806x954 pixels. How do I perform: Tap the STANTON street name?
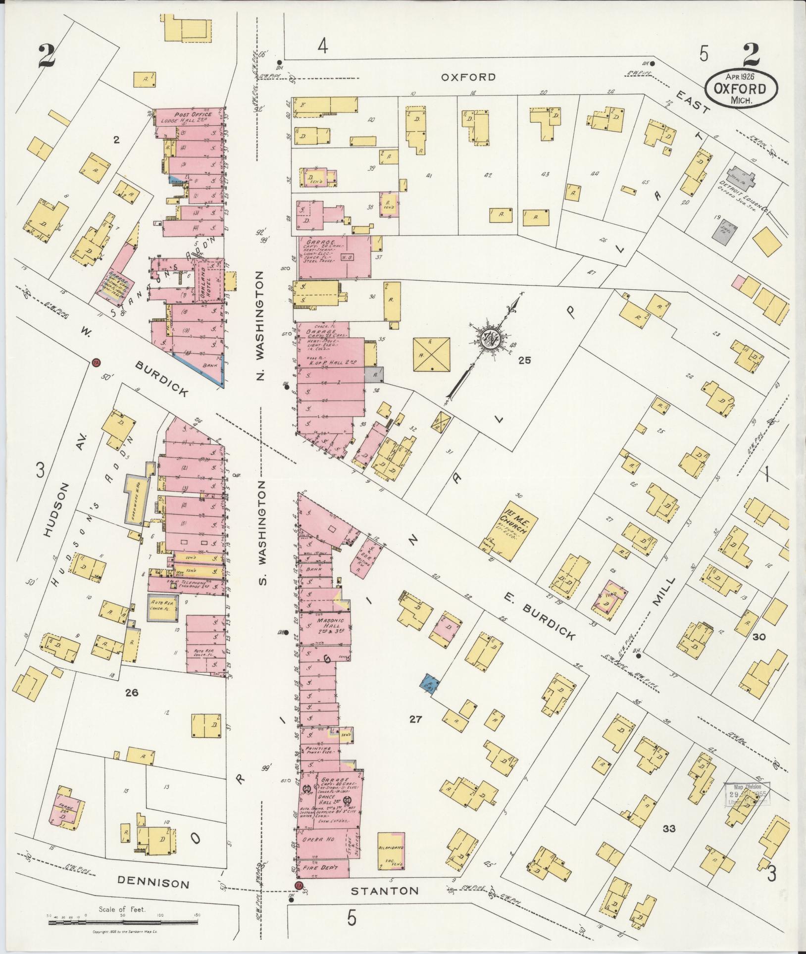click(x=385, y=891)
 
